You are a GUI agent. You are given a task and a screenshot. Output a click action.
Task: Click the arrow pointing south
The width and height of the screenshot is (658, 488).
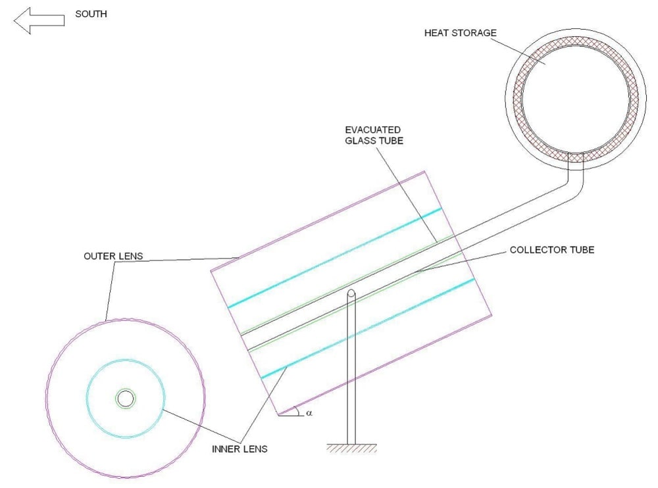39,20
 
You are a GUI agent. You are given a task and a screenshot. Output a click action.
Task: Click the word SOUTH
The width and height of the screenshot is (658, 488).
91,14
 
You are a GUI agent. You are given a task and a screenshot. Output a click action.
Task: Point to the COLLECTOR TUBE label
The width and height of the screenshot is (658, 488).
551,250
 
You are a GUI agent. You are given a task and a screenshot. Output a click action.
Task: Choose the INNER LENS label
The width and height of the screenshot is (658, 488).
240,450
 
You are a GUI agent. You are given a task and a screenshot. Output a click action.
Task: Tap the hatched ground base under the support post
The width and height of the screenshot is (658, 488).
352,449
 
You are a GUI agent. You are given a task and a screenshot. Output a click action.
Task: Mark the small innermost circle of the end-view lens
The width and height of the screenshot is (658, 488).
126,398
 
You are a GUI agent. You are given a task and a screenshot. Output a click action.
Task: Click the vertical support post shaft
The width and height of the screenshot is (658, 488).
352,368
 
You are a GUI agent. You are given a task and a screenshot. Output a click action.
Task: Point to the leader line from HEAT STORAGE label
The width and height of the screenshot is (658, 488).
517,51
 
